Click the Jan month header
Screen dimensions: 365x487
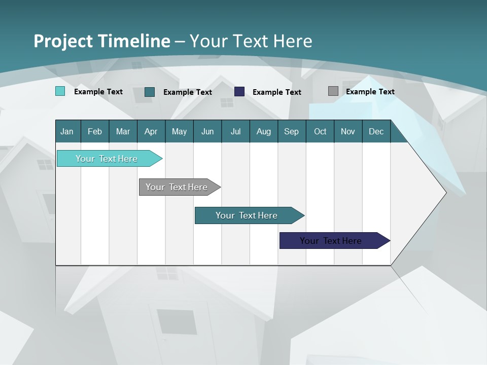67,131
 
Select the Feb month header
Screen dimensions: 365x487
95,131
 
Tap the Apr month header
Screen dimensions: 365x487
151,131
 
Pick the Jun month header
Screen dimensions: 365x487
207,131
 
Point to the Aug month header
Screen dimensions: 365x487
263,131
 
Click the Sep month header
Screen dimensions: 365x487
291,131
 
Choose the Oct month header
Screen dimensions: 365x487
320,131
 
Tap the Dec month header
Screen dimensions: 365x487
376,131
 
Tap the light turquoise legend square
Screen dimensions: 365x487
60,91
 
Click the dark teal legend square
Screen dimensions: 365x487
149,92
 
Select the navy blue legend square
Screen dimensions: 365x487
239,91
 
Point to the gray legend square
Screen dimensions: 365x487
333,91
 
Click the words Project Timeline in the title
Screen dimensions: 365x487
101,41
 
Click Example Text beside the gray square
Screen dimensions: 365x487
370,91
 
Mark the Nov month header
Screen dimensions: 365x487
347,131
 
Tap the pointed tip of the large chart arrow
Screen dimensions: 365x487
445,192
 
